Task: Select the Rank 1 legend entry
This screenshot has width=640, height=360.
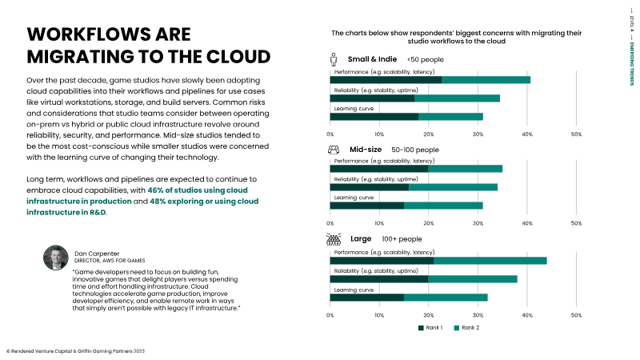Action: tap(431, 328)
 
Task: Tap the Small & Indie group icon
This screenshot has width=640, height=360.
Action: tap(334, 59)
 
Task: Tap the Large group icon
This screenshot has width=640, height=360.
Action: tap(335, 238)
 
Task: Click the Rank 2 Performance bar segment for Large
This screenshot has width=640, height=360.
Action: tap(490, 260)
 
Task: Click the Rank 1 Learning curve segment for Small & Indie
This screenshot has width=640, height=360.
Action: tap(374, 116)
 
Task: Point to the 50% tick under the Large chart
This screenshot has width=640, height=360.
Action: tap(576, 315)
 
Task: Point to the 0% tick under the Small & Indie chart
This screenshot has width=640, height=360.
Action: tap(330, 134)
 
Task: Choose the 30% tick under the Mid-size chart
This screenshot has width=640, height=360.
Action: tap(478, 224)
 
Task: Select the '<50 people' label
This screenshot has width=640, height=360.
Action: tap(425, 60)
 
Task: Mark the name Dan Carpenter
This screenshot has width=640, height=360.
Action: tap(98, 252)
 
